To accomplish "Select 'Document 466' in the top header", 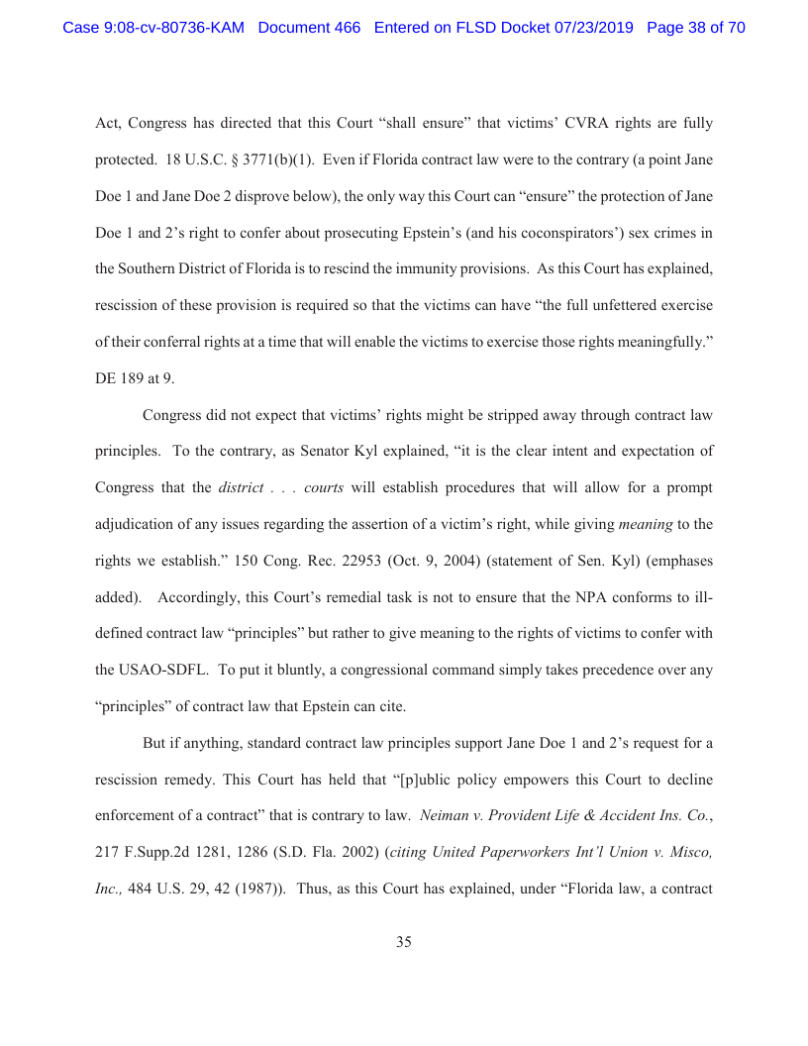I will [309, 28].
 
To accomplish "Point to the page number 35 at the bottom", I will [404, 942].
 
